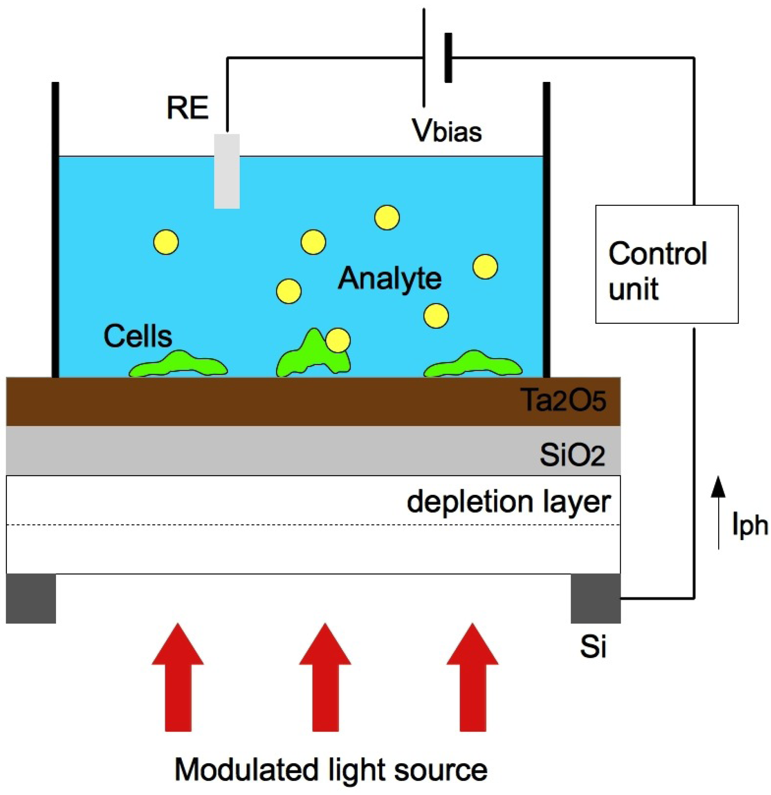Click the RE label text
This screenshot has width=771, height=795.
187,108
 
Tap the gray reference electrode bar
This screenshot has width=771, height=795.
227,171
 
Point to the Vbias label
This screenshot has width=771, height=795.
447,131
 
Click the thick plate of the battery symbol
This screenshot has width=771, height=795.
448,58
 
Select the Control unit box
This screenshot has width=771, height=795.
667,264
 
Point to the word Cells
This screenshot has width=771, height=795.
138,336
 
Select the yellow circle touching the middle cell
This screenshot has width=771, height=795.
338,340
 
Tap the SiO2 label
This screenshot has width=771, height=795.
572,455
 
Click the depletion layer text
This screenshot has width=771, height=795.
508,502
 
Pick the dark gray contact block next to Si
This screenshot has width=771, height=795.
595,598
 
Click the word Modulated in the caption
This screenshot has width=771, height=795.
246,770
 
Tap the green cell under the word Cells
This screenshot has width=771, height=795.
179,365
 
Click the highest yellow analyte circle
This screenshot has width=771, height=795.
387,217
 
